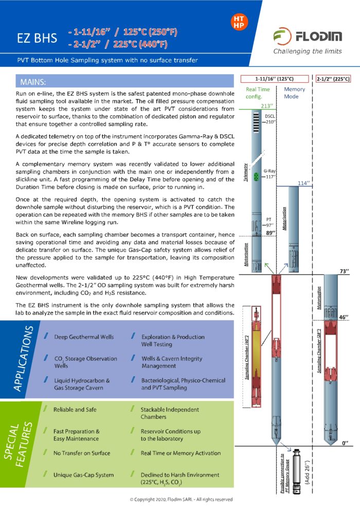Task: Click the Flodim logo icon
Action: coord(282,37)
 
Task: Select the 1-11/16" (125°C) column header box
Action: coord(274,79)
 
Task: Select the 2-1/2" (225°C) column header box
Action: coord(333,79)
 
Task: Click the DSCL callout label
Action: coord(270,117)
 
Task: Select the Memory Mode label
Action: coord(295,93)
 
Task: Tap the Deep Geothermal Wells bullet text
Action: coord(84,337)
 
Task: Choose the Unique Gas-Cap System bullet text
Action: coord(84,475)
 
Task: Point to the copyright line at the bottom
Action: coord(181,499)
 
